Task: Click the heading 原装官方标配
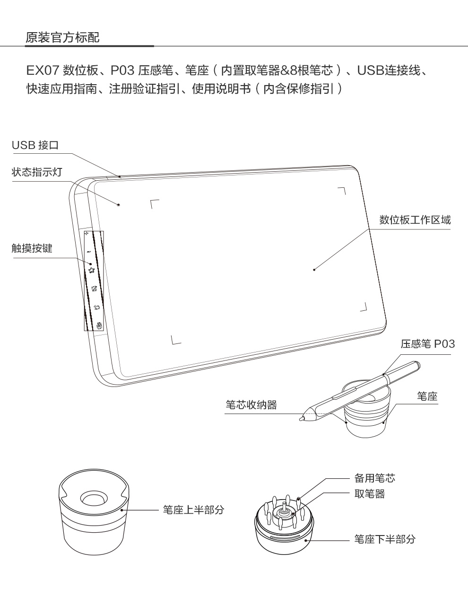pyautogui.click(x=62, y=38)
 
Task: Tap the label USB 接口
pyautogui.click(x=35, y=145)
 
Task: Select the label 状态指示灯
pyautogui.click(x=37, y=172)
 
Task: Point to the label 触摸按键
pyautogui.click(x=32, y=248)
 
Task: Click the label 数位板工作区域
pyautogui.click(x=415, y=220)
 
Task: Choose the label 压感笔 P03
pyautogui.click(x=427, y=344)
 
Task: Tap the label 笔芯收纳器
pyautogui.click(x=251, y=404)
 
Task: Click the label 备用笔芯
pyautogui.click(x=375, y=478)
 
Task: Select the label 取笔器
pyautogui.click(x=370, y=494)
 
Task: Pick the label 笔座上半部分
pyautogui.click(x=193, y=510)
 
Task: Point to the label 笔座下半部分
pyautogui.click(x=385, y=539)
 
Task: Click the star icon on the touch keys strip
pyautogui.click(x=91, y=270)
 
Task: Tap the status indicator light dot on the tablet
pyautogui.click(x=118, y=205)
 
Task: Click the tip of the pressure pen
pyautogui.click(x=301, y=419)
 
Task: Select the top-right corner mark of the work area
pyautogui.click(x=343, y=190)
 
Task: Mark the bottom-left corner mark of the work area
pyautogui.click(x=174, y=340)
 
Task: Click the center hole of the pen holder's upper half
pyautogui.click(x=93, y=498)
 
